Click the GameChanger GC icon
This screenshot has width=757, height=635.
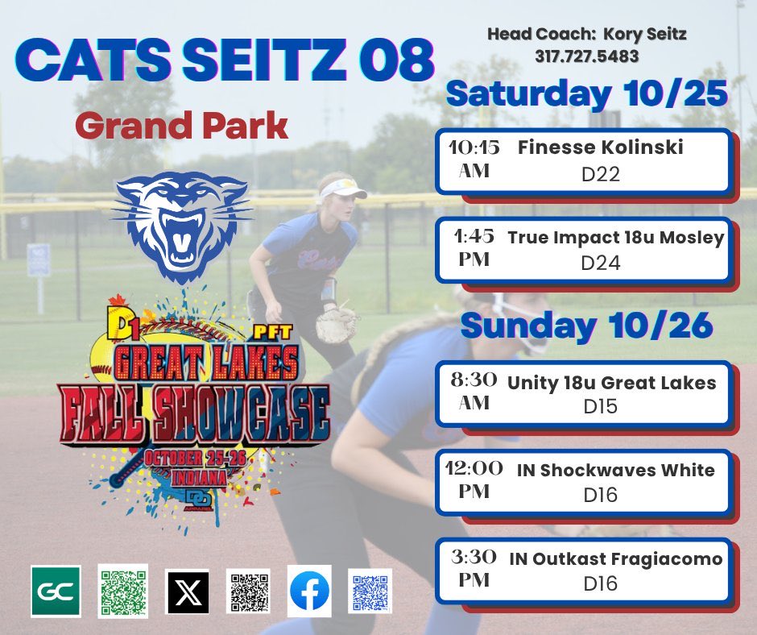tap(56, 591)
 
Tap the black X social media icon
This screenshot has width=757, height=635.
tap(187, 591)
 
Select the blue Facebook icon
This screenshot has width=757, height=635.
tap(309, 591)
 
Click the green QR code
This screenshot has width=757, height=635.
tap(122, 591)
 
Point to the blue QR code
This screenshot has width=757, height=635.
tap(370, 591)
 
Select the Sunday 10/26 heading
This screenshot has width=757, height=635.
tap(587, 326)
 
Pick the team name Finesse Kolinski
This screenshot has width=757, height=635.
tap(600, 148)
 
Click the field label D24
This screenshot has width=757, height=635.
tap(600, 263)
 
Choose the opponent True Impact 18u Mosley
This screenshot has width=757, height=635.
tap(616, 239)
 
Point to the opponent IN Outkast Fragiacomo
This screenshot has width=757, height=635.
tap(615, 558)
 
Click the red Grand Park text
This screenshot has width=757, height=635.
tap(181, 126)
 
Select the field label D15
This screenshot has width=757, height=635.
tap(600, 407)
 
